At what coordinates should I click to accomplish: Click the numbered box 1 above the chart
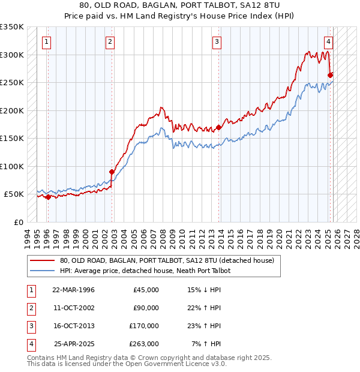click(47, 42)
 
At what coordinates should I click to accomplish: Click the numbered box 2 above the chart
click(110, 42)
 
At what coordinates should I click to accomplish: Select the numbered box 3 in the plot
click(217, 42)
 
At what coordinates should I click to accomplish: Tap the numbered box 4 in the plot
click(329, 42)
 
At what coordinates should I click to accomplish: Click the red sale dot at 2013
click(219, 127)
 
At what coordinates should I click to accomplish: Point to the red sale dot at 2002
click(112, 172)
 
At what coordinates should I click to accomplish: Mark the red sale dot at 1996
click(48, 197)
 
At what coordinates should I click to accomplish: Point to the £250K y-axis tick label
click(12, 83)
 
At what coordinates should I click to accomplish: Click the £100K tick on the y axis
click(12, 166)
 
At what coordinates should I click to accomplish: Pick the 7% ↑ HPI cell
click(206, 344)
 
